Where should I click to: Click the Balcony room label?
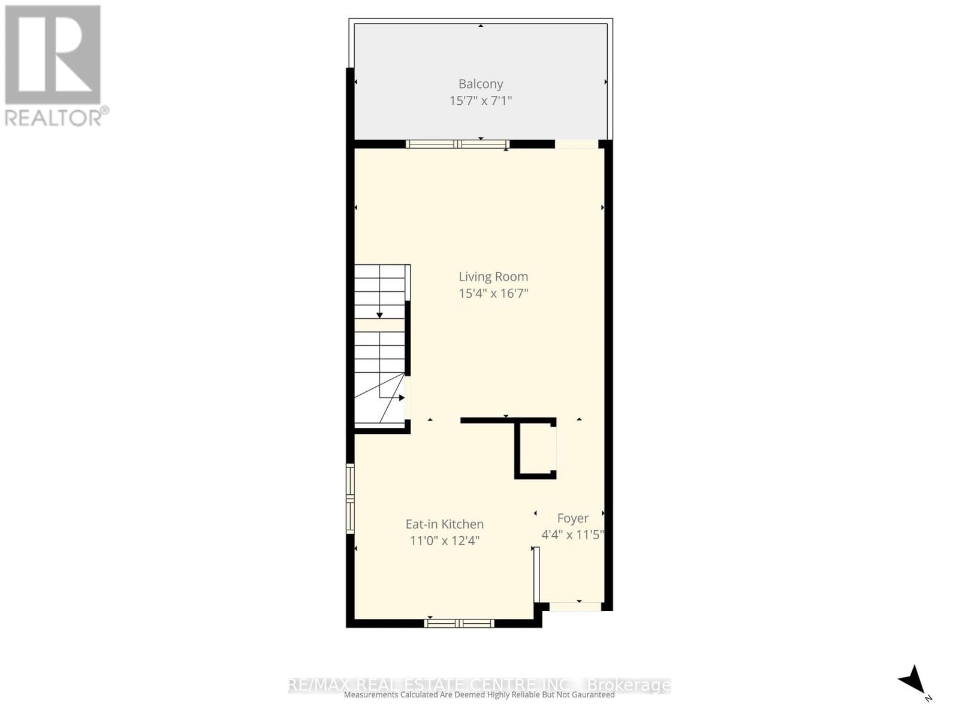click(x=481, y=84)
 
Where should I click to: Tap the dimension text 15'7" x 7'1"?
click(x=481, y=101)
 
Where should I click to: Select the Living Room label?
click(x=493, y=277)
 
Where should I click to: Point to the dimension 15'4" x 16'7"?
click(x=493, y=294)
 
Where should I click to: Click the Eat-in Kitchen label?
click(x=444, y=524)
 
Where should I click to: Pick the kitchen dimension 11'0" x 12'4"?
click(x=444, y=541)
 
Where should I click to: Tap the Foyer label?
click(x=572, y=518)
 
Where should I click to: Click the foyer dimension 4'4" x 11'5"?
click(x=572, y=535)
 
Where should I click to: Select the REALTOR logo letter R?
click(x=53, y=55)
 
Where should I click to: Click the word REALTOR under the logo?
click(x=53, y=117)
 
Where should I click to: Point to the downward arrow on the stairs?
click(x=379, y=315)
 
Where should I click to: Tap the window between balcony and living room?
click(x=457, y=144)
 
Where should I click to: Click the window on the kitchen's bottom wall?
click(x=459, y=624)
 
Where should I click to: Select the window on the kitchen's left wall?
click(x=350, y=499)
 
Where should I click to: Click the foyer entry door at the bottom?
click(x=575, y=606)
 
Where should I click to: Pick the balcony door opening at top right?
click(x=577, y=144)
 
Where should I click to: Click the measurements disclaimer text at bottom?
click(x=479, y=695)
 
